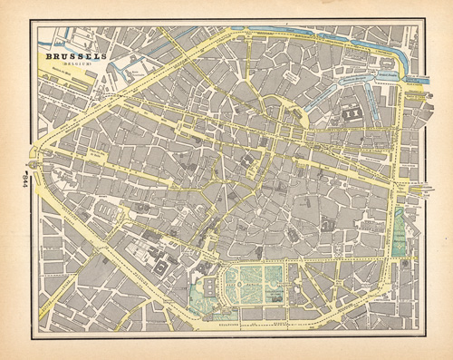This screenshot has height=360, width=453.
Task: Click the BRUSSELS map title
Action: click(x=75, y=56)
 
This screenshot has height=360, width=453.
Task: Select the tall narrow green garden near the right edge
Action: click(x=400, y=230)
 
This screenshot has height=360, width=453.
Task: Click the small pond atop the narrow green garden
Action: click(x=400, y=213)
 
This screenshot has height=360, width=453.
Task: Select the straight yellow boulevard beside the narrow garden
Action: click(x=389, y=236)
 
